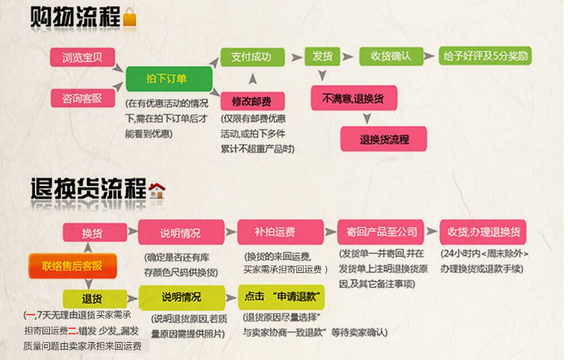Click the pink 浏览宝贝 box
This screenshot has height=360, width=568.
tap(82, 57)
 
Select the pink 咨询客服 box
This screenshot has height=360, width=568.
tap(82, 98)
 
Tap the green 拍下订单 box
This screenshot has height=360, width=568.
tap(169, 79)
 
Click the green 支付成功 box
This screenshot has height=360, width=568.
tap(252, 57)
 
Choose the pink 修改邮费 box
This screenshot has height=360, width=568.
tap(252, 101)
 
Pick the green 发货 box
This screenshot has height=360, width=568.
tap(322, 56)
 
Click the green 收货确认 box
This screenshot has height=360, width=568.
tap(391, 56)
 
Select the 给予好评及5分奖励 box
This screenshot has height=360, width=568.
tap(485, 56)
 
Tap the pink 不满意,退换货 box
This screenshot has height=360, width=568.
tap(354, 98)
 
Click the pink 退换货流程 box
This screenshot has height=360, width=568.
tap(384, 139)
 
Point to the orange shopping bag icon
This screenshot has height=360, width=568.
tap(130, 17)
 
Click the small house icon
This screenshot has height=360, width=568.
tap(157, 190)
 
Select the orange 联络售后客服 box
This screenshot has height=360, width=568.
tap(72, 266)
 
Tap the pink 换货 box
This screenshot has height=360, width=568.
tap(95, 232)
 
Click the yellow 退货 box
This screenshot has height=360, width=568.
tap(95, 299)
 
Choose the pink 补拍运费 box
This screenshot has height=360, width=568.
tap(281, 232)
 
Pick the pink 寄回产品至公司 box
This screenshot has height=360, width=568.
tap(380, 232)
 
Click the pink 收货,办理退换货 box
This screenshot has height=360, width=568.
tap(483, 232)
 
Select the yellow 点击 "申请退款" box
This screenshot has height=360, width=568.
tap(281, 298)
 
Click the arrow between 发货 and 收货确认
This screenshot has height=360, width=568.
tap(348, 57)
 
